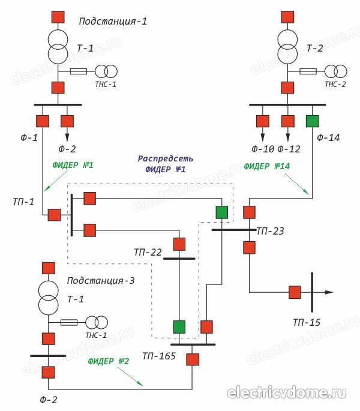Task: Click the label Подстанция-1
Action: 112,22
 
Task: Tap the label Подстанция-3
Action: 101,280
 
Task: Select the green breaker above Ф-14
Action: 312,121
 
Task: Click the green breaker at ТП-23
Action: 222,212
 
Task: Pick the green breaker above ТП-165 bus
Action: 179,327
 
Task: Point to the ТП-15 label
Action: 307,323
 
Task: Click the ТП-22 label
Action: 148,253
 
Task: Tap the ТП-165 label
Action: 159,356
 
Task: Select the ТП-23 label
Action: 271,230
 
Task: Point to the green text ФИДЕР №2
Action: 108,361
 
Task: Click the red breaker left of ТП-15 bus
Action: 295,292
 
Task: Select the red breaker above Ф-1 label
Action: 42,121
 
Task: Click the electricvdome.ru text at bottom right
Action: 287,393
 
